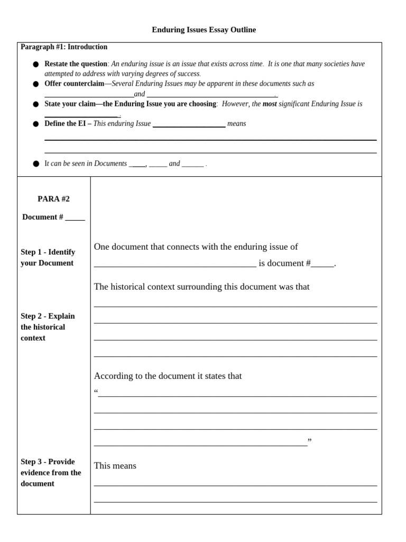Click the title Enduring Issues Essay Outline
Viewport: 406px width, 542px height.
click(x=204, y=30)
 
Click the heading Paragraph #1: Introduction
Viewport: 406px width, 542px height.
click(x=64, y=47)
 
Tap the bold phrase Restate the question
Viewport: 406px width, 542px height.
click(x=76, y=64)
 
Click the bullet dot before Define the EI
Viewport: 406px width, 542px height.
click(x=36, y=124)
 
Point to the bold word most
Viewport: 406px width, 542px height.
click(x=270, y=104)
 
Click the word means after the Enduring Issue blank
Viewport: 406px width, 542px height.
click(x=236, y=124)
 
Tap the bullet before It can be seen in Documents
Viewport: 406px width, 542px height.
click(x=36, y=164)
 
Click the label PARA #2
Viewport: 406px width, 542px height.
click(x=53, y=199)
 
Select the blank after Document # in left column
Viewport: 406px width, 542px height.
click(x=75, y=218)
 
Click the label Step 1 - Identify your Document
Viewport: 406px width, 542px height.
click(x=48, y=258)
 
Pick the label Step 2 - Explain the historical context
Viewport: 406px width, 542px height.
click(x=48, y=327)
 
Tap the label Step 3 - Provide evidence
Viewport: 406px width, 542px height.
click(x=51, y=473)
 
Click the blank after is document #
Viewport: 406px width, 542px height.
click(x=322, y=264)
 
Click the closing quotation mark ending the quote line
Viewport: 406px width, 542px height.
click(x=310, y=441)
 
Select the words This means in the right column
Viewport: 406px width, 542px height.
click(x=115, y=466)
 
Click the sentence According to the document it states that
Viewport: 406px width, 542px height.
click(x=168, y=376)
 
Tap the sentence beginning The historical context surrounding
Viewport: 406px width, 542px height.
click(x=201, y=287)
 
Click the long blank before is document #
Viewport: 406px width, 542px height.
click(x=175, y=264)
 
